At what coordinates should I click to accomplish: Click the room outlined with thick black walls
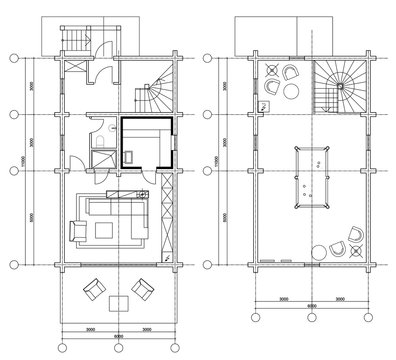tap(146, 142)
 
